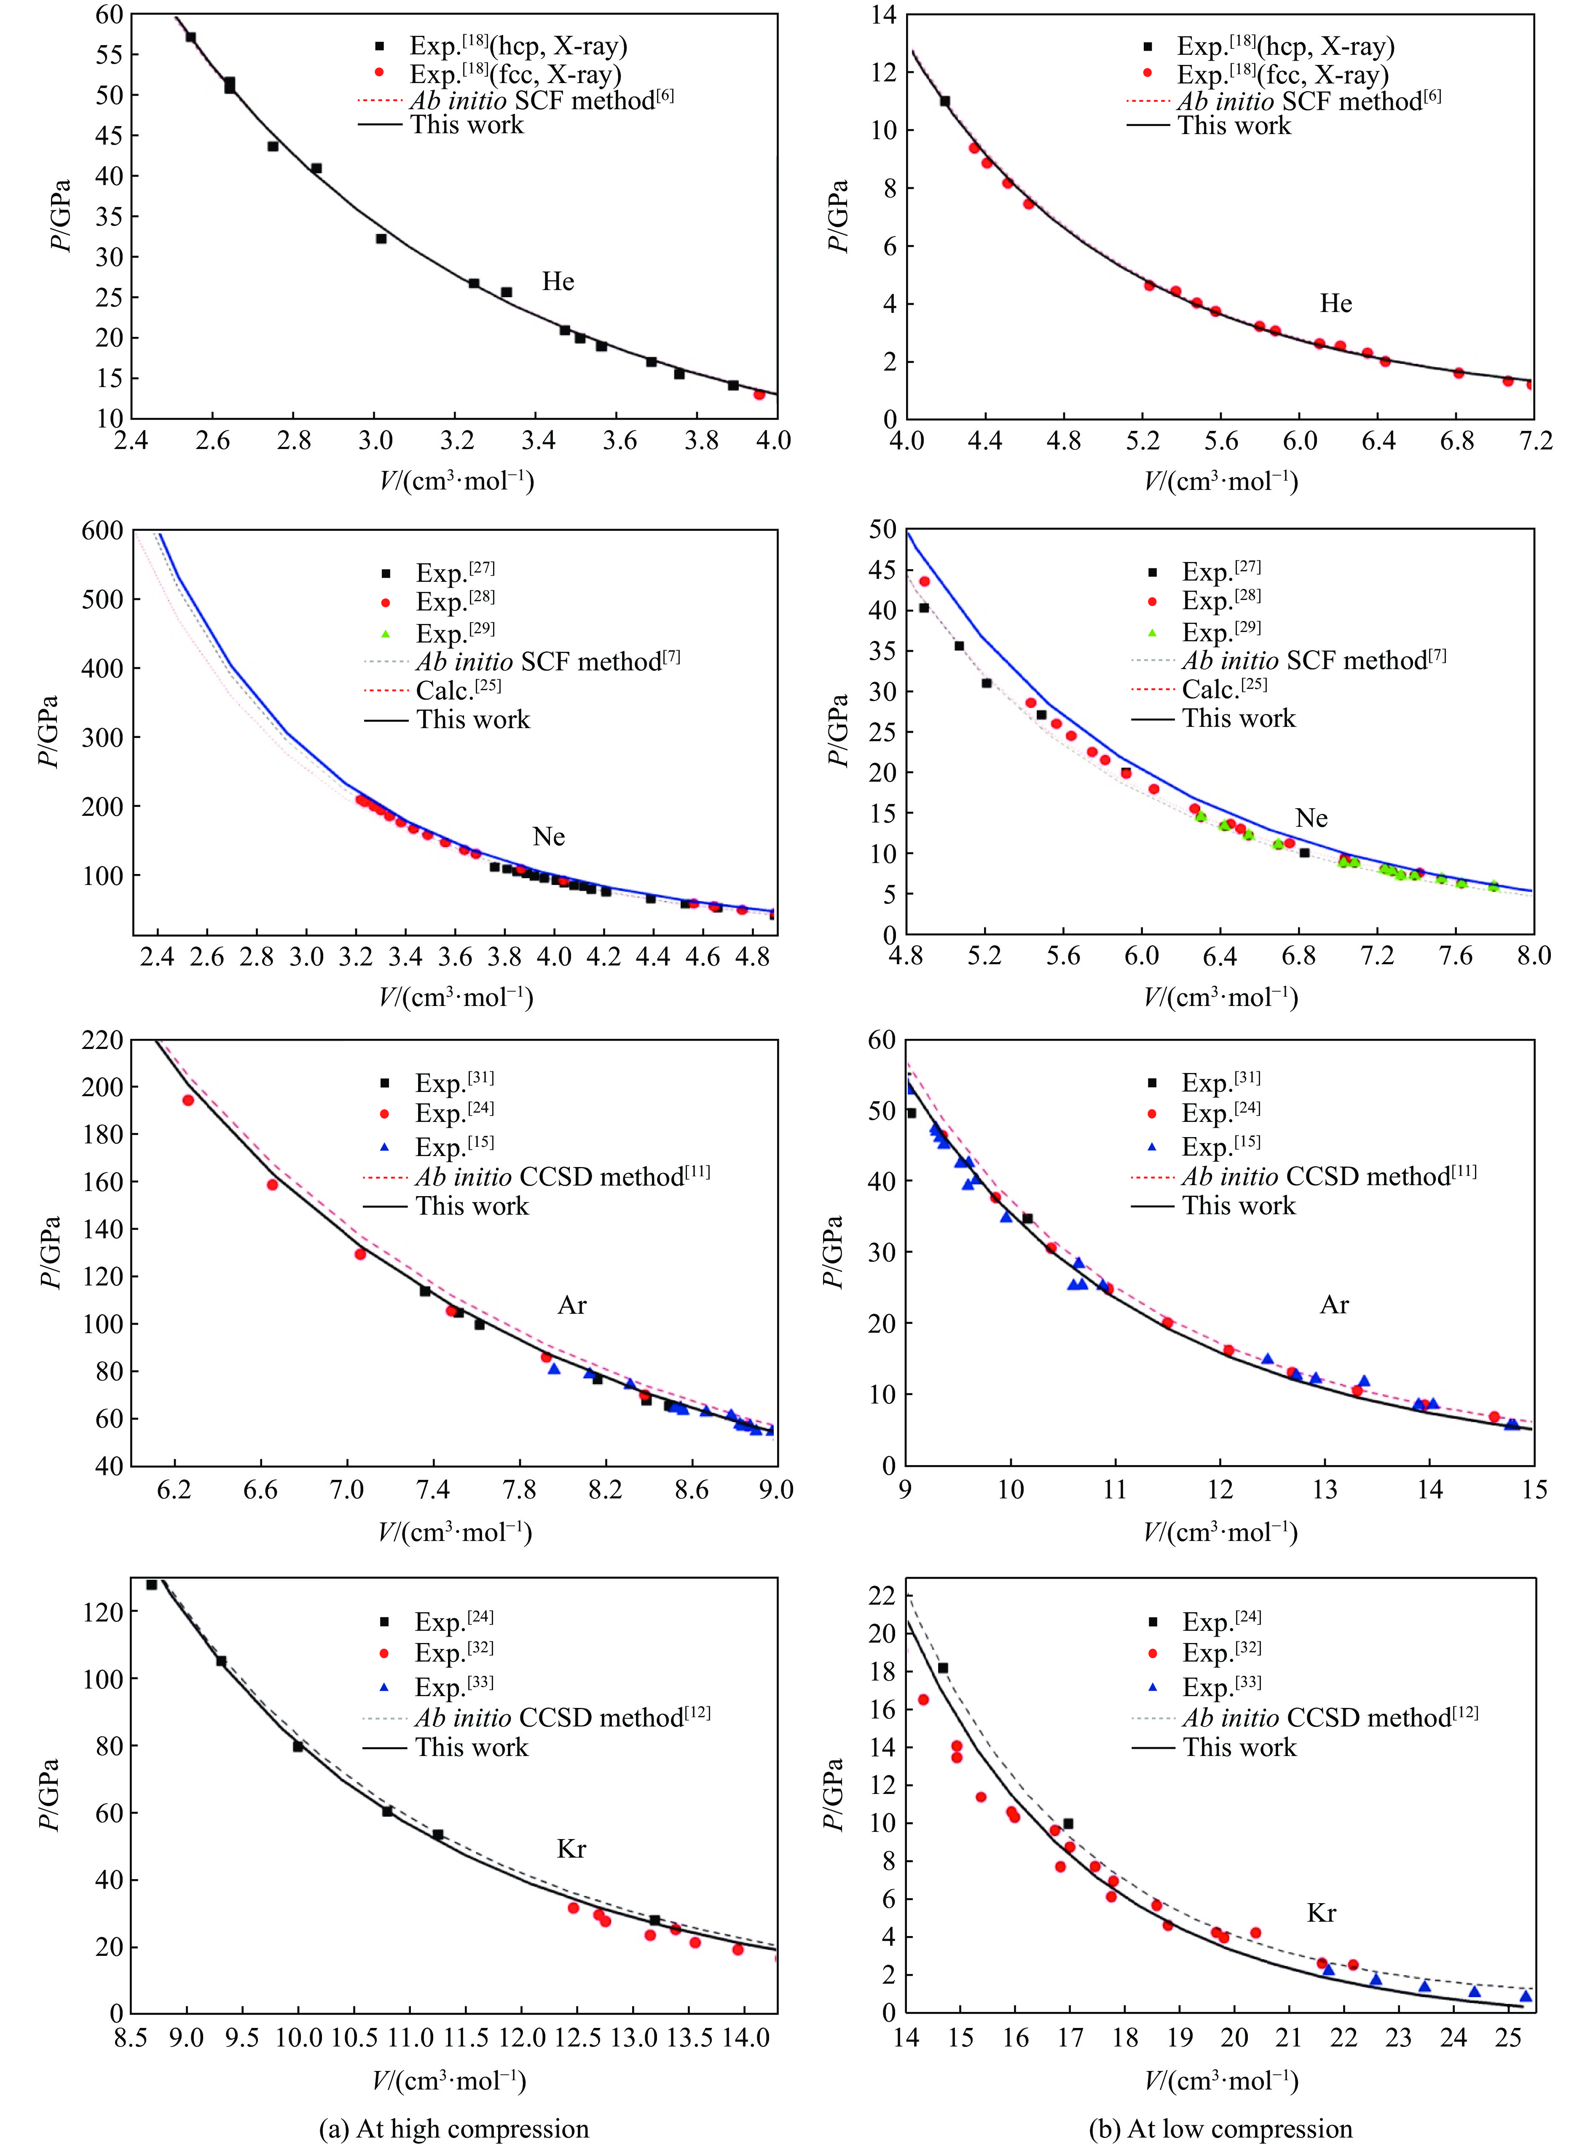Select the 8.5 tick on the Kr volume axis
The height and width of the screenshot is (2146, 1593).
[x=131, y=2037]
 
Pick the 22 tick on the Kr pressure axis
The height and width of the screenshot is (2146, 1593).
[x=881, y=1596]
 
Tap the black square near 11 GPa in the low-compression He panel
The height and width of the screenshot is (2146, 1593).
[x=945, y=101]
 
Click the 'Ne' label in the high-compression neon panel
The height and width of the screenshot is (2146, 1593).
[x=549, y=836]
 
